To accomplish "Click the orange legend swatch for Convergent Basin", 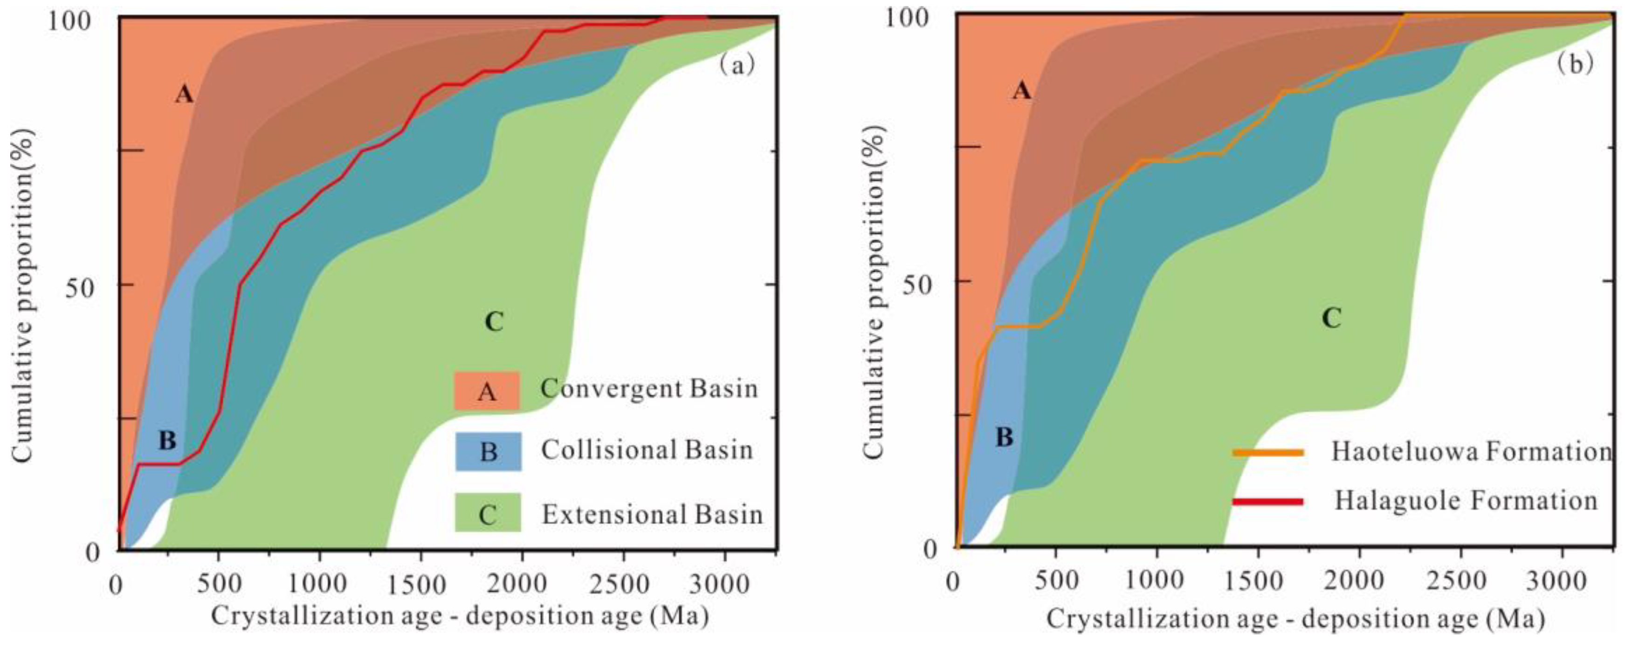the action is [x=486, y=391].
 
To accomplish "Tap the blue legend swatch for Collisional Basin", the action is [x=488, y=451].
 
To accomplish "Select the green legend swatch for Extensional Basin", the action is [x=488, y=512].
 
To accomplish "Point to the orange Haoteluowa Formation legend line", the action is [x=1267, y=452].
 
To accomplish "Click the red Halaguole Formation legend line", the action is [x=1267, y=502].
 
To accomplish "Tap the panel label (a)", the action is [x=736, y=66].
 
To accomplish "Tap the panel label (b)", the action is [x=1575, y=64].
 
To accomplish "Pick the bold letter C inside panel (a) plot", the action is [x=494, y=323].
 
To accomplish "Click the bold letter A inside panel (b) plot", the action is [x=1021, y=91].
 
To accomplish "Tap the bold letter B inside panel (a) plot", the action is [x=167, y=441].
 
